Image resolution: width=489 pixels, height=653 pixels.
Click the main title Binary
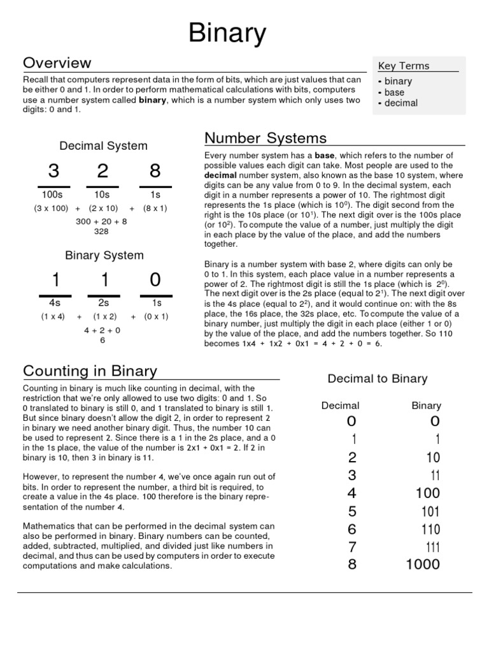227,33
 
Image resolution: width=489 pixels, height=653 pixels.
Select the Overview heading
57,62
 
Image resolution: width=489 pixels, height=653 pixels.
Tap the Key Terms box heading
404,66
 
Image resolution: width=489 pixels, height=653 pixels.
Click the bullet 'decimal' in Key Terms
401,103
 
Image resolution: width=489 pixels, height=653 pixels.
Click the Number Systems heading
265,138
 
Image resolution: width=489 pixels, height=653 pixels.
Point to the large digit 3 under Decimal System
53,171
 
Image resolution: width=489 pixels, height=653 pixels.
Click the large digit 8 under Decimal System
155,171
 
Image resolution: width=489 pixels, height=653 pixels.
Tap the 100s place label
53,194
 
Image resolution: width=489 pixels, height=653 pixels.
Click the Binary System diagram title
104,255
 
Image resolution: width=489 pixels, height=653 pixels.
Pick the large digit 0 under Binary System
155,280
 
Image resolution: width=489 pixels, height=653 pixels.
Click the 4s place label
53,303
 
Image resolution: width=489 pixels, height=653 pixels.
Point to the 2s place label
104,303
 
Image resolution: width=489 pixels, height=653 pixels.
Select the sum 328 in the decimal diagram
101,231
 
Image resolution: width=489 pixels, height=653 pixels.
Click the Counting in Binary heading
90,371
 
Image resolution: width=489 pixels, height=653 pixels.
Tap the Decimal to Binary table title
377,379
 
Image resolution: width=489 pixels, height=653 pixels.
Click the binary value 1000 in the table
423,564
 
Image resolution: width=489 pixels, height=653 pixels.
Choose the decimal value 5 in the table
352,511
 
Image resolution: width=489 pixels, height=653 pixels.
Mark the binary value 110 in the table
430,529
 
